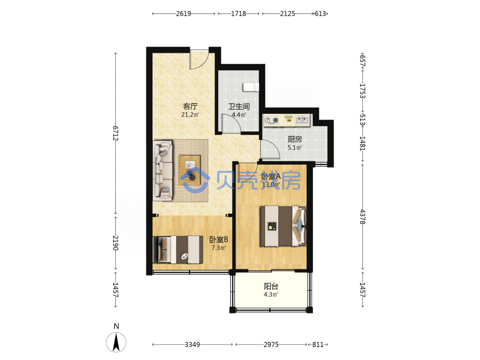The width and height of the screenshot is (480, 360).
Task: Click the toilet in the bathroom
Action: pos(251,87)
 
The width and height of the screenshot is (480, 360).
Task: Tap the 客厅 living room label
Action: pos(190,107)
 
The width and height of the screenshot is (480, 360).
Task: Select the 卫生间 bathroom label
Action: pos(239,107)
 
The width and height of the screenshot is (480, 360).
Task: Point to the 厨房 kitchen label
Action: pos(295,139)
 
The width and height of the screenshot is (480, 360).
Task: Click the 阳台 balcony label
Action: pos(271,286)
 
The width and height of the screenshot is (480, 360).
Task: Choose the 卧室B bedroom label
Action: pos(218,240)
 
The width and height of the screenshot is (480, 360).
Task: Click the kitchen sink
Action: pos(303,120)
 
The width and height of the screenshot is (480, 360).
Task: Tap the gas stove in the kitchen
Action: pos(272,120)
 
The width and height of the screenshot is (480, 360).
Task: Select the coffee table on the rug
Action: pos(190,170)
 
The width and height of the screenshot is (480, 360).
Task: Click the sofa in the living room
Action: pos(163,170)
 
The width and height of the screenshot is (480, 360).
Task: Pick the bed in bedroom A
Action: pos(283,226)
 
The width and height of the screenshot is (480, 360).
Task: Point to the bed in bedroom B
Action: pos(178,250)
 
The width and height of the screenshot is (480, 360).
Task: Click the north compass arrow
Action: pos(116,342)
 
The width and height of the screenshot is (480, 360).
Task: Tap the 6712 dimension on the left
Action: pos(115,133)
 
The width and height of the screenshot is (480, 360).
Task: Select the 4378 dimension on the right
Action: pos(363,217)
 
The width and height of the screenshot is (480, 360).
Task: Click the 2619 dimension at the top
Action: pos(183,13)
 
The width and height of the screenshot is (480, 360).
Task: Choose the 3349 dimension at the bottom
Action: pos(192,344)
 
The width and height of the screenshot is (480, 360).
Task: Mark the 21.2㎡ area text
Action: pos(190,115)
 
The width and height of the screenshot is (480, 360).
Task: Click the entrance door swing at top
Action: pos(199,59)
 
